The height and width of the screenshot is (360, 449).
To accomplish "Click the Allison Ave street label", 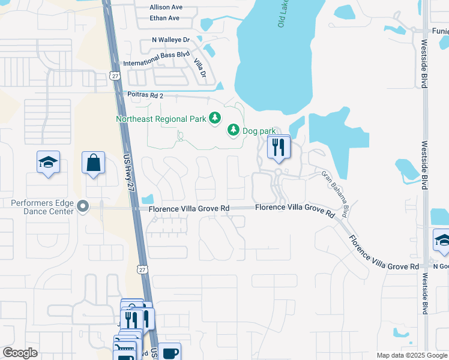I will click(x=166, y=8).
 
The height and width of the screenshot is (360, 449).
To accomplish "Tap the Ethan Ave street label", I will click(x=164, y=18).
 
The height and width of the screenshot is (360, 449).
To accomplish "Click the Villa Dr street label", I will click(x=199, y=67).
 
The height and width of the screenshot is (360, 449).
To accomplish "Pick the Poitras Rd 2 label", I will click(x=145, y=95).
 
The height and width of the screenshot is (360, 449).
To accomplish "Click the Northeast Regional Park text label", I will click(x=161, y=119).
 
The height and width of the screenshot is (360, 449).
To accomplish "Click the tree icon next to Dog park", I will click(x=234, y=130).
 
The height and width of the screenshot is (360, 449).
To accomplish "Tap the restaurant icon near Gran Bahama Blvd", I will click(x=278, y=148).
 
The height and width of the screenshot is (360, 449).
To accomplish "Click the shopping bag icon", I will click(x=94, y=163).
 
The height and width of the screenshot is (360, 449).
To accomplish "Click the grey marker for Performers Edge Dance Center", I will click(x=83, y=208).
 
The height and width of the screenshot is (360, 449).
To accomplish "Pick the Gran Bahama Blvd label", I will click(x=336, y=194).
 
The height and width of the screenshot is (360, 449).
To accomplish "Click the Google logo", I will click(x=20, y=353).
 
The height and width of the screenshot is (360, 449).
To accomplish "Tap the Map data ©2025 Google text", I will click(x=411, y=355).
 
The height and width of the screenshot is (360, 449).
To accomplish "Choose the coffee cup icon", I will click(x=169, y=352).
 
